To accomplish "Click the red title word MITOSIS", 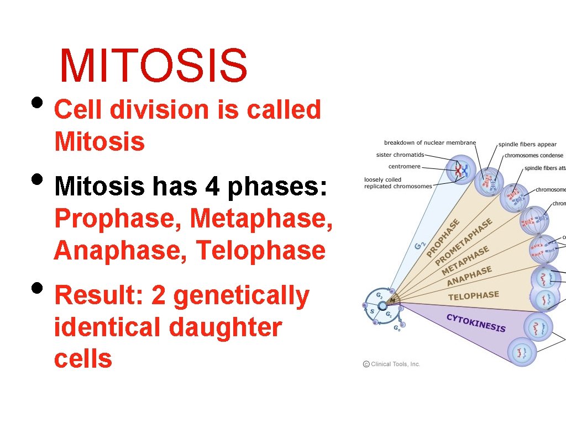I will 154,65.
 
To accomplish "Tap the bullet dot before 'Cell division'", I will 37,103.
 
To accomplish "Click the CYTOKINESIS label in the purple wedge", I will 475,322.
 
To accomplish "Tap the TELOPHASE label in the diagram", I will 473,296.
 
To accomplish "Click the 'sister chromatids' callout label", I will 400,155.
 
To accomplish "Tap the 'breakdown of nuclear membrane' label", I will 429,143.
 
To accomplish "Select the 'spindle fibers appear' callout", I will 527,145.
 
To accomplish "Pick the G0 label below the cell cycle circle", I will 396,328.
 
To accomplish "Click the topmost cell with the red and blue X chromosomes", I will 460,171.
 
